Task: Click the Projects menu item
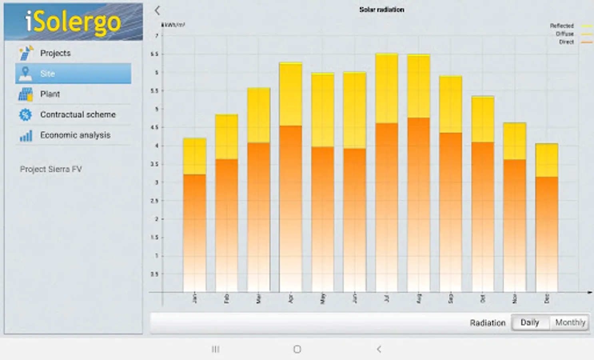(x=55, y=53)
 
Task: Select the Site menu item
(x=73, y=74)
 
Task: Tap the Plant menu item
(x=50, y=94)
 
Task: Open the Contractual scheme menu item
(x=78, y=115)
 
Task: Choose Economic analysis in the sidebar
(x=75, y=135)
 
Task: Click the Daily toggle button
(x=530, y=323)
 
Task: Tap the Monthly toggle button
(x=570, y=323)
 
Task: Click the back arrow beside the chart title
(x=157, y=10)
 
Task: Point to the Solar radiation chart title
(x=381, y=10)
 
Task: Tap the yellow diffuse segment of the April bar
(x=291, y=94)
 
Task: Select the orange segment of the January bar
(x=195, y=232)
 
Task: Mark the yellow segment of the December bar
(x=546, y=160)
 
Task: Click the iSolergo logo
(x=73, y=22)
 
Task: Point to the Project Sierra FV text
(x=51, y=169)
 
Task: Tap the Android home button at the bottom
(x=297, y=349)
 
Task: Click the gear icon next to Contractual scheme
(x=26, y=115)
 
